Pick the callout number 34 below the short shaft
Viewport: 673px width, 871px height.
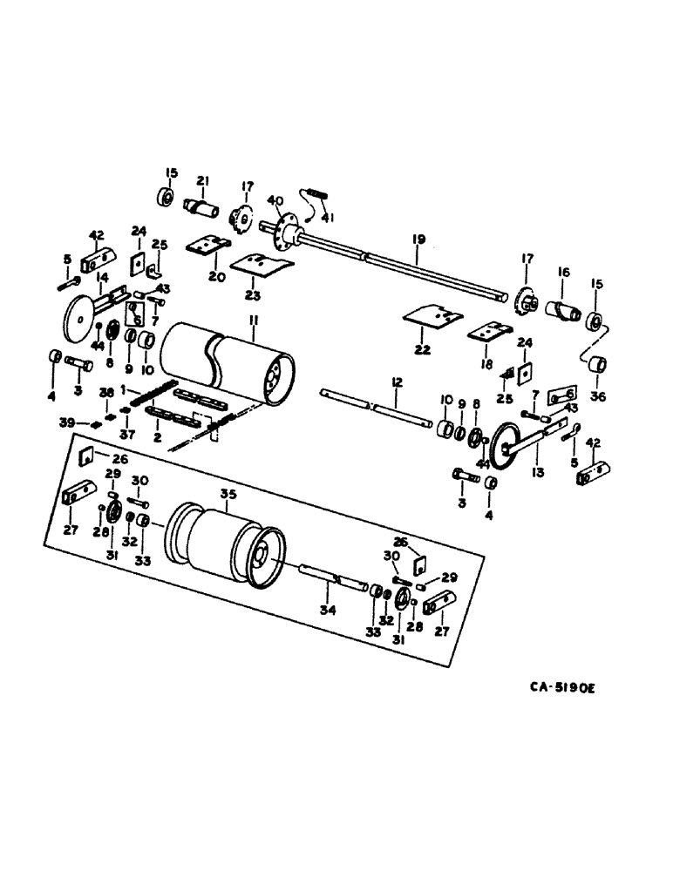pyautogui.click(x=328, y=611)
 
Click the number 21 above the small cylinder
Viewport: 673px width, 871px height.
pyautogui.click(x=202, y=181)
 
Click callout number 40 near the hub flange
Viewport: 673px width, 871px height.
pyautogui.click(x=277, y=202)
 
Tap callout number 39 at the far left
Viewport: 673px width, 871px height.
pyautogui.click(x=91, y=423)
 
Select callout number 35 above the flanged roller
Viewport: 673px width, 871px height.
pyautogui.click(x=228, y=493)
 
